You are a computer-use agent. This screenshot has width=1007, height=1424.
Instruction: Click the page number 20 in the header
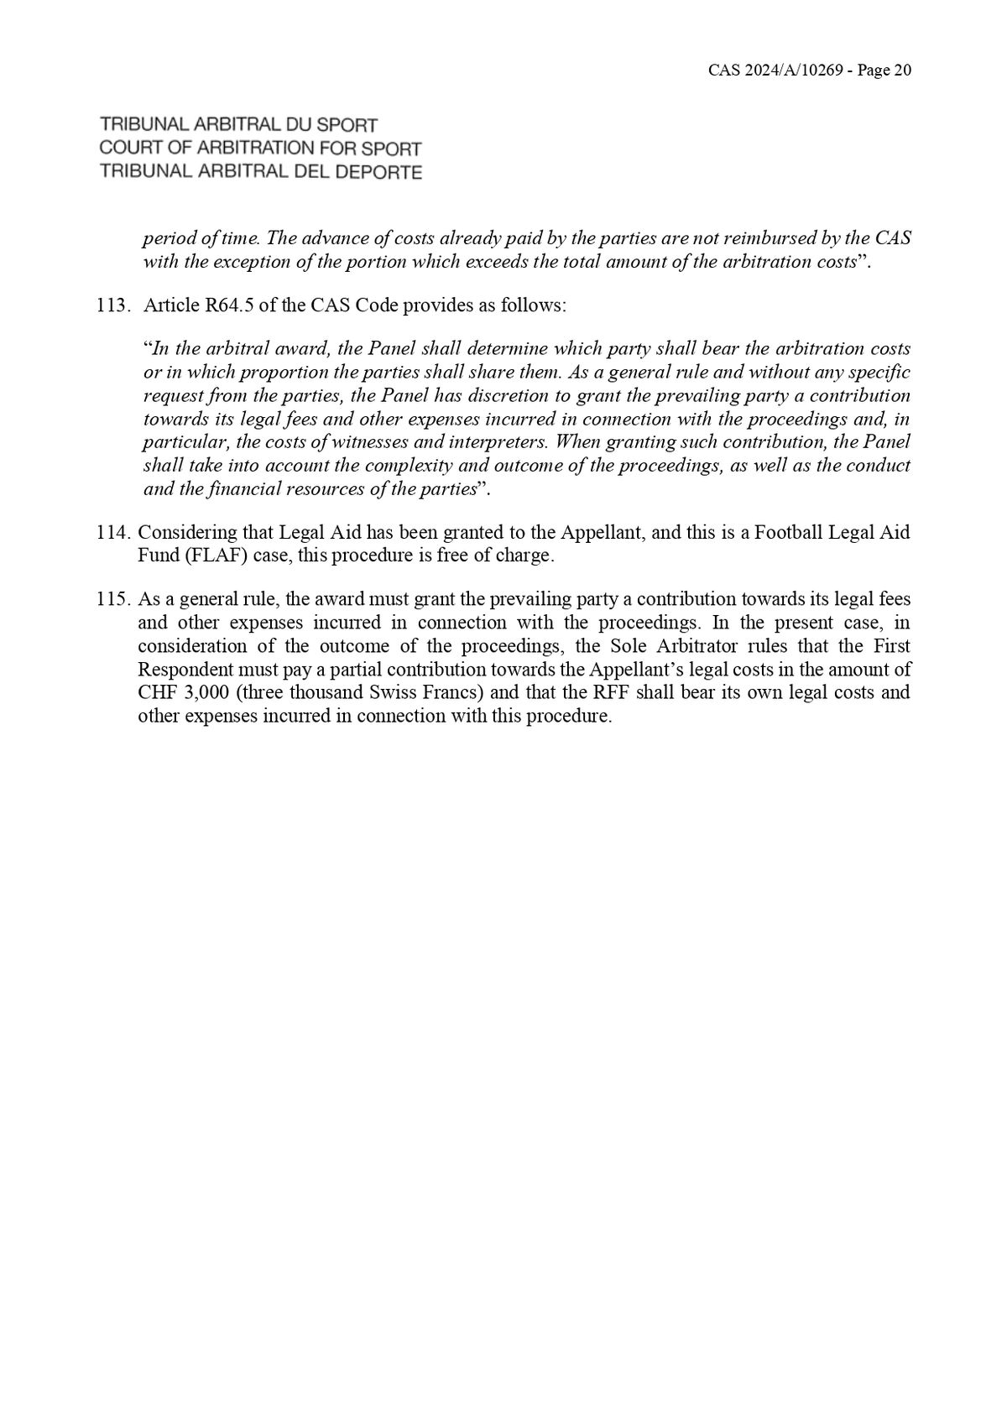pos(902,70)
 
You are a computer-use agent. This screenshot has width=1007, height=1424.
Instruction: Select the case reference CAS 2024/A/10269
pos(775,70)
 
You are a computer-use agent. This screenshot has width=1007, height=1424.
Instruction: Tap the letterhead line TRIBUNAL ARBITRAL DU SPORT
pos(238,125)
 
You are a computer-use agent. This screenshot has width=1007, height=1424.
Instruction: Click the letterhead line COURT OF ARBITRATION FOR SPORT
pos(260,149)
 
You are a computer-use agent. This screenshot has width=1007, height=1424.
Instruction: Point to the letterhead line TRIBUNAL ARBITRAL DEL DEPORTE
pos(260,172)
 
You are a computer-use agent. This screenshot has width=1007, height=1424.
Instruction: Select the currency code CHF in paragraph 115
pos(156,693)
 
